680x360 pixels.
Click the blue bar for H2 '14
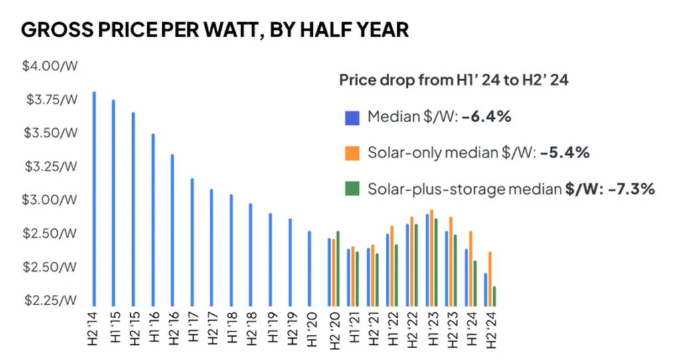(x=94, y=199)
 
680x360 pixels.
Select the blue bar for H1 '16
(x=153, y=220)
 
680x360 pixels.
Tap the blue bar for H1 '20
(x=309, y=268)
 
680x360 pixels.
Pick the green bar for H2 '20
(x=338, y=268)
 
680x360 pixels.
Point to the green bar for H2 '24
(x=495, y=296)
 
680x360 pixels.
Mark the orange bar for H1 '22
(x=392, y=266)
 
